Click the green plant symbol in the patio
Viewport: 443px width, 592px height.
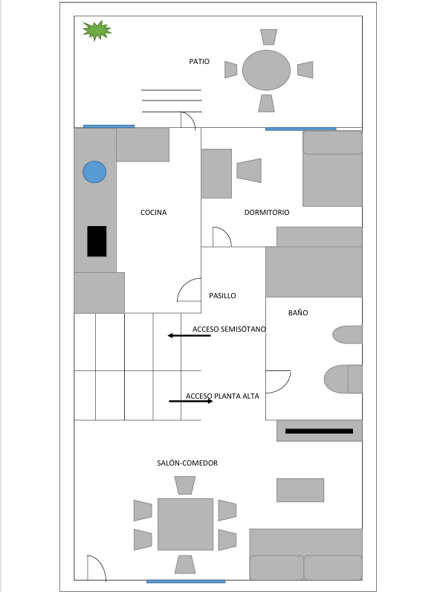pos(97,30)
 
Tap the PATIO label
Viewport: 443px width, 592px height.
pos(199,62)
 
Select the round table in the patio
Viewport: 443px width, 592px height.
pos(266,70)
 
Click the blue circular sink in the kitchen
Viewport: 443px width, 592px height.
pos(94,172)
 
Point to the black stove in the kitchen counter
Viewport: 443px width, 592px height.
pos(97,241)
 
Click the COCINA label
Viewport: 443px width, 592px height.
pos(154,213)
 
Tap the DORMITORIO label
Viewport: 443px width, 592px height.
pos(267,213)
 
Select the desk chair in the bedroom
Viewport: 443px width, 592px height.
pos(250,170)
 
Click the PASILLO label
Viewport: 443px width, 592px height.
pos(222,296)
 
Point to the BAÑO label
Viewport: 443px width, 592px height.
pos(298,313)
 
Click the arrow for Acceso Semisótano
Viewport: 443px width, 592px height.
pos(190,335)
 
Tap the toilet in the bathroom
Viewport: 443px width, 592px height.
pos(343,379)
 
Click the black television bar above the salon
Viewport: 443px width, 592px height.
pos(319,431)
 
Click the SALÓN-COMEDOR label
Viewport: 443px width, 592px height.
pos(187,463)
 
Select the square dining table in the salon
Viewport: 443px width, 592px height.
pos(185,524)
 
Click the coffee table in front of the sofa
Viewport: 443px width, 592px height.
pos(300,490)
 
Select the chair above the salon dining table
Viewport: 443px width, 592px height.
pos(185,485)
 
